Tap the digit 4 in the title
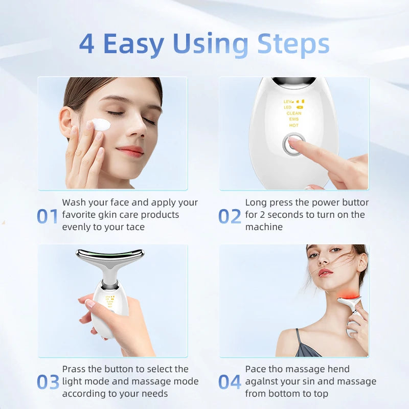coord(86,43)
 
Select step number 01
coord(47,216)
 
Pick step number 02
coord(230,216)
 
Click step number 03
coord(48,382)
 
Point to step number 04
coord(230,382)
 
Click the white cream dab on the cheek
coord(101,124)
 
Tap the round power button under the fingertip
coord(293,144)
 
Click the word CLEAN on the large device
coord(294,113)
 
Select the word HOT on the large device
coord(293,125)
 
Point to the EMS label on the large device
coord(293,119)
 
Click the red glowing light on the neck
coord(348,296)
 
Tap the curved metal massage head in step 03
coord(110,257)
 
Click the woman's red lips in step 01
coord(130,151)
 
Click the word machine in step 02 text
coord(264,227)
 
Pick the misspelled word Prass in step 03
coord(74,369)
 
